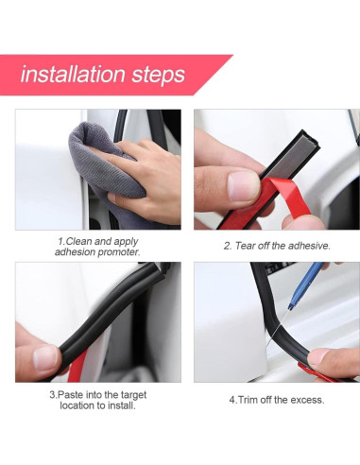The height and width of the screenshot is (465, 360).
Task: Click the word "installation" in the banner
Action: pos(73,75)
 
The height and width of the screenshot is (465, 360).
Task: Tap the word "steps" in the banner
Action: pos(159,76)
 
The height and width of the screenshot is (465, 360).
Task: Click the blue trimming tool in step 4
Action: pos(305,285)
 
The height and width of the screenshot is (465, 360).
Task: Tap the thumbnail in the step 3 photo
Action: pos(45,357)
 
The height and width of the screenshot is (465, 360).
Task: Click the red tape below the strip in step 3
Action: pos(77,367)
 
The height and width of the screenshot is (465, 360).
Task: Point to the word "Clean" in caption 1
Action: pos(79,241)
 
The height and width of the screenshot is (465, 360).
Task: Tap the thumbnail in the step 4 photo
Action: pos(317,357)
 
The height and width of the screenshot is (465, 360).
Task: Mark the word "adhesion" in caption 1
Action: pos(75,252)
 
